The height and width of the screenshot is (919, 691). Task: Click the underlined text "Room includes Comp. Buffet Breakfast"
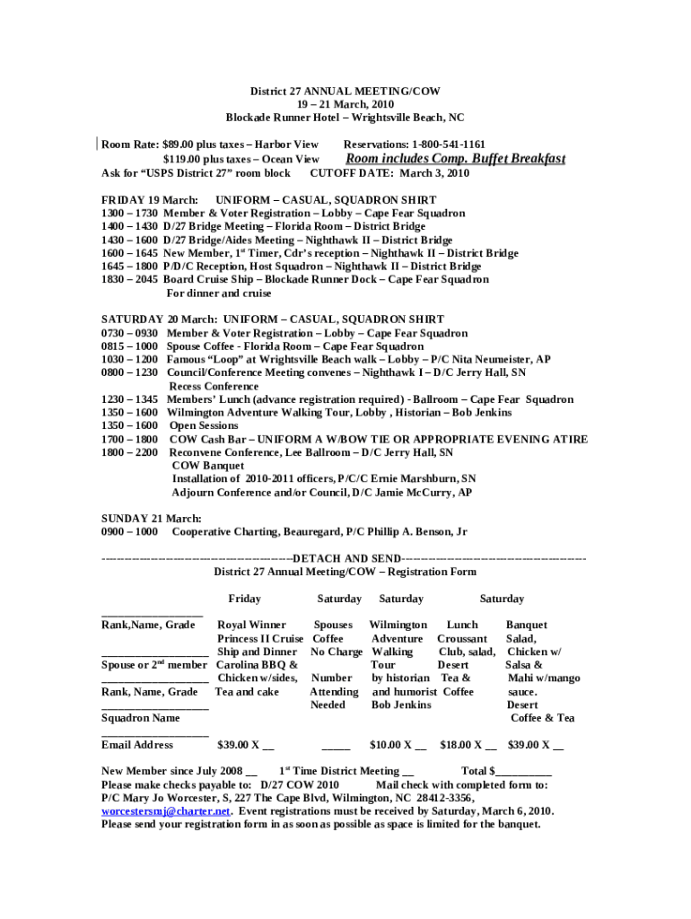click(x=455, y=159)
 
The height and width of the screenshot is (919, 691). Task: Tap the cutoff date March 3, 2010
click(x=433, y=173)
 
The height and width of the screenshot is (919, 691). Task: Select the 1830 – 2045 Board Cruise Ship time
click(x=130, y=280)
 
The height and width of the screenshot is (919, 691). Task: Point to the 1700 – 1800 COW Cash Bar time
click(x=130, y=440)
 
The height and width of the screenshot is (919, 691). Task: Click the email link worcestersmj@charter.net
click(x=165, y=810)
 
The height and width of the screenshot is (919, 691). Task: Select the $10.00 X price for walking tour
click(x=398, y=745)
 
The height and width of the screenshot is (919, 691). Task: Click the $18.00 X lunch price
click(x=468, y=745)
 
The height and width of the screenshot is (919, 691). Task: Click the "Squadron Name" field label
click(x=140, y=718)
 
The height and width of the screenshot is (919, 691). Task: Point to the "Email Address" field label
click(x=137, y=745)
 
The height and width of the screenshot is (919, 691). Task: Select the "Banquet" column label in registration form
click(x=526, y=625)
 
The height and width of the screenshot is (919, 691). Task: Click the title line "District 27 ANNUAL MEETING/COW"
click(x=345, y=92)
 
